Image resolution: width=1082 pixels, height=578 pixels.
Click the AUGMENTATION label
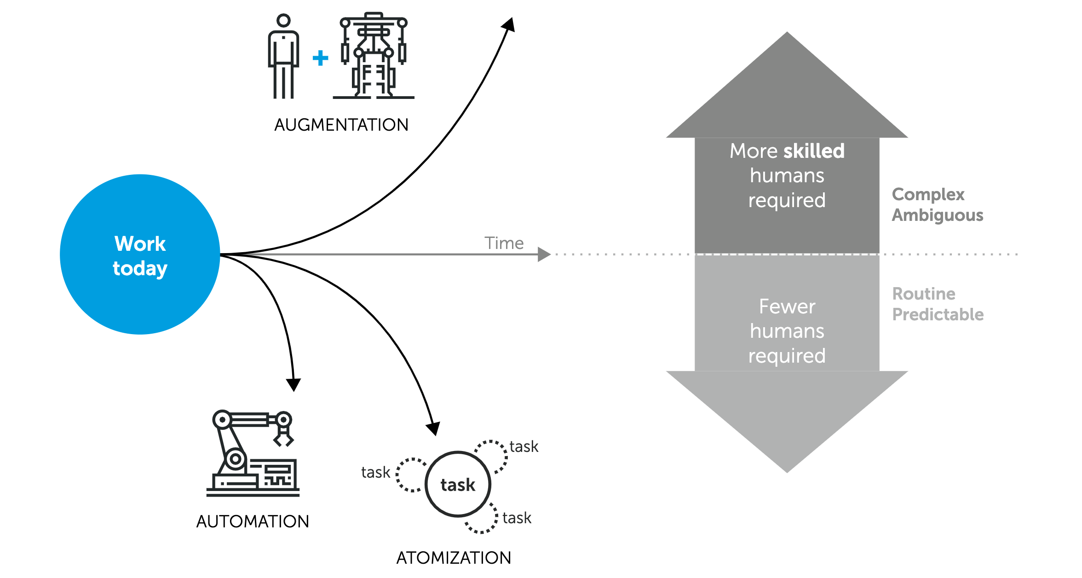[341, 125]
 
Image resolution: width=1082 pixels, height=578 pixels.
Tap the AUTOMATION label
[253, 521]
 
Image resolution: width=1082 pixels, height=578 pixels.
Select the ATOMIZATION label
[454, 558]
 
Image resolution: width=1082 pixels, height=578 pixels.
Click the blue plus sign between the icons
[320, 58]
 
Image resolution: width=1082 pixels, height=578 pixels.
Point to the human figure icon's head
[283, 20]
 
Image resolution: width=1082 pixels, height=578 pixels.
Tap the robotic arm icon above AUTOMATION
[253, 453]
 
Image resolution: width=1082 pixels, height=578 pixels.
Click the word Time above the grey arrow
[504, 243]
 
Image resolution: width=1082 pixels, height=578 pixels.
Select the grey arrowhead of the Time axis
[544, 254]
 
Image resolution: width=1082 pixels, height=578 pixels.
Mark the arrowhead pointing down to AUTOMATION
[294, 384]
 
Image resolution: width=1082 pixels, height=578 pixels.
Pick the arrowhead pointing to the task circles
[433, 428]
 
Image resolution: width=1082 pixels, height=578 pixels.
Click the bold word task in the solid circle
[458, 485]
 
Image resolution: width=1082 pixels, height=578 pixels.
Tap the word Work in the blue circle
[140, 243]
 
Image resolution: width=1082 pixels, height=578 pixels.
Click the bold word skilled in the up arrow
[814, 151]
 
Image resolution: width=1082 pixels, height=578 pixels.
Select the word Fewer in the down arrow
[787, 306]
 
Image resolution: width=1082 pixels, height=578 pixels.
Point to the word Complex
[928, 194]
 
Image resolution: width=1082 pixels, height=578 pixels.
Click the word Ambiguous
[937, 215]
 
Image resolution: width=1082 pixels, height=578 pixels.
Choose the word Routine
[924, 294]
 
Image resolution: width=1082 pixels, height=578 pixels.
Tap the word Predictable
[938, 314]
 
